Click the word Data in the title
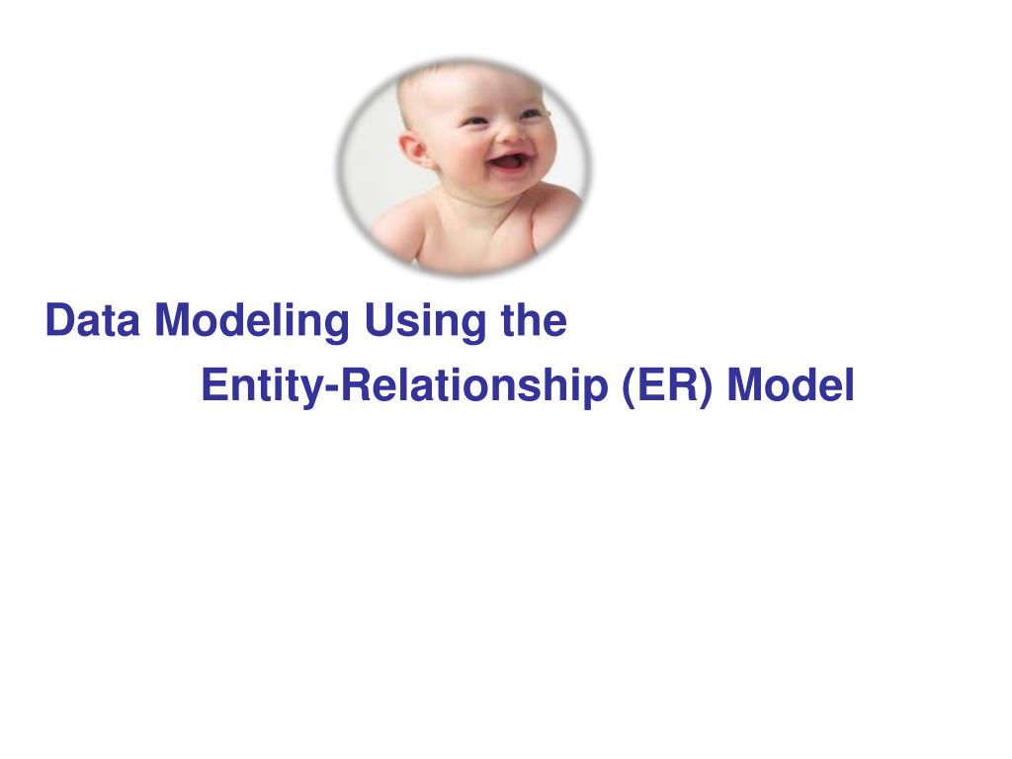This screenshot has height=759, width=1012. (92, 320)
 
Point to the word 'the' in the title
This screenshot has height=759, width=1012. (535, 320)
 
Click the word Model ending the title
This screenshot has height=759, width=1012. (791, 384)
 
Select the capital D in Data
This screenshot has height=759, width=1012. (60, 320)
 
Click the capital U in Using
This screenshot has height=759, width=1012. (380, 320)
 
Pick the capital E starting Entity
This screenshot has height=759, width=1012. (214, 384)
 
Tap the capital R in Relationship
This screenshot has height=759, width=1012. (356, 384)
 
